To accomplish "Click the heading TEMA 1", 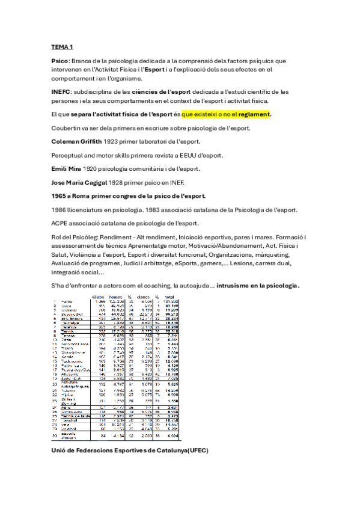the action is tap(63, 47).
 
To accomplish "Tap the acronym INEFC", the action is tap(61, 91).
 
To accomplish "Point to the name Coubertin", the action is tap(67, 129).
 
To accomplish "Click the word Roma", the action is tap(84, 195).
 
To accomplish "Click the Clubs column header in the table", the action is tap(97, 296).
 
